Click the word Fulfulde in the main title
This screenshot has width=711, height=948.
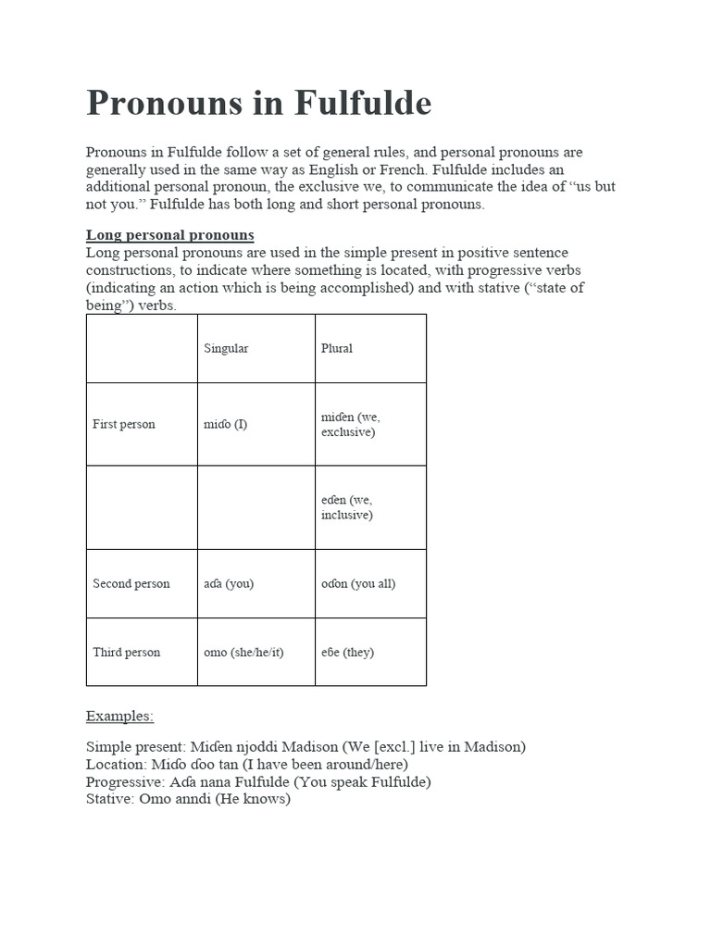click(x=364, y=103)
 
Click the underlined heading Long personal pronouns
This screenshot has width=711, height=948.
click(x=170, y=235)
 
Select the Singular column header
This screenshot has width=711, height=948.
click(x=226, y=349)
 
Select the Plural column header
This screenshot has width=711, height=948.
click(x=336, y=349)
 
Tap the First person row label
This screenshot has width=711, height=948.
click(x=124, y=425)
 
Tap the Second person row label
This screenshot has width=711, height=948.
click(x=131, y=584)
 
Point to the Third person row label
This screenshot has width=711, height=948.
click(x=126, y=653)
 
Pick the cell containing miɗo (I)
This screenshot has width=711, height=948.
click(x=225, y=425)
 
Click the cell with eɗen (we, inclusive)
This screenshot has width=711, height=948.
click(x=347, y=507)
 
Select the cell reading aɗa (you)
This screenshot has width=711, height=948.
click(x=228, y=584)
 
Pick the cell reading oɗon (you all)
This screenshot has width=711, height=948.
click(x=358, y=584)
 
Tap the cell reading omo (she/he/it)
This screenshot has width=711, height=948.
click(x=243, y=653)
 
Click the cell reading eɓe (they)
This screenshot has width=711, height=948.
click(x=347, y=653)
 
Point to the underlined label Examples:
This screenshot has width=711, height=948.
click(x=119, y=716)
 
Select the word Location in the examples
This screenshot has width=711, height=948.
click(x=115, y=764)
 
